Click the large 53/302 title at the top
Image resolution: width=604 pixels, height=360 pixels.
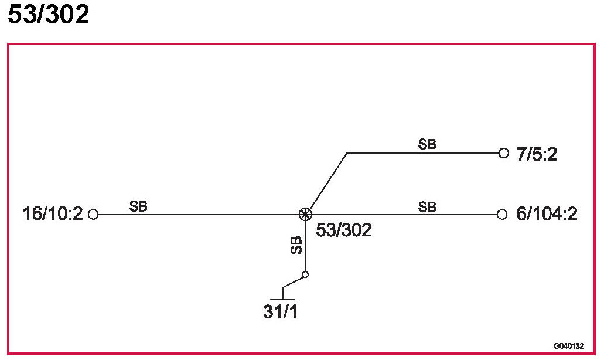[x=48, y=15]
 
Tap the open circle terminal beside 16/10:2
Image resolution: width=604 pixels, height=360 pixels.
[x=93, y=215]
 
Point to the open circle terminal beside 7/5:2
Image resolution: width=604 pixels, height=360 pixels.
[x=503, y=153]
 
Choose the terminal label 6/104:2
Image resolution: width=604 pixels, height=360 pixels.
[x=547, y=215]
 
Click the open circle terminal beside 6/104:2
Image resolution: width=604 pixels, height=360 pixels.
[x=502, y=215]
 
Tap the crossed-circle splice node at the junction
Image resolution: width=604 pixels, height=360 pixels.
[x=305, y=215]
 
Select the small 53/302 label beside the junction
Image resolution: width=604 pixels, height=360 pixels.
[x=343, y=230]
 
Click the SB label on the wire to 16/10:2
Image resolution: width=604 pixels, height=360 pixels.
[x=138, y=206]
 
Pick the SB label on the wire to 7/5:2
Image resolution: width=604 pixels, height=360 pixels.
[x=427, y=144]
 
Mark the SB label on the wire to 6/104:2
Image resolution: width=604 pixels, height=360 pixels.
[x=427, y=206]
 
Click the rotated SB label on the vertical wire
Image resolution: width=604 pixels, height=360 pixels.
[x=296, y=246]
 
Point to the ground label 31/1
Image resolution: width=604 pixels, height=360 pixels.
[x=280, y=312]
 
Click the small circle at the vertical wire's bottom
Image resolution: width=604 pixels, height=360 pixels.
[x=305, y=274]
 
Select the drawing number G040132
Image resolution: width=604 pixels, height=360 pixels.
[x=568, y=346]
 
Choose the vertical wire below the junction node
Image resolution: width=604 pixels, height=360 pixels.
[x=305, y=246]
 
